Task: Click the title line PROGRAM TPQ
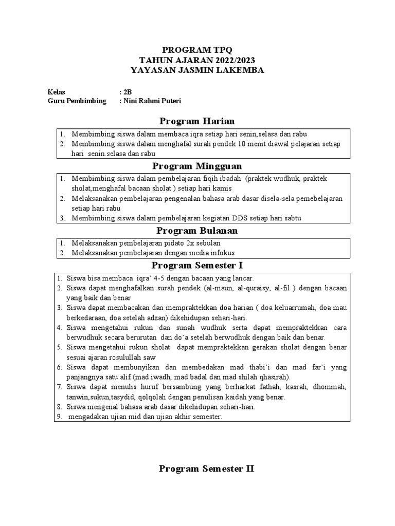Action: [197, 50]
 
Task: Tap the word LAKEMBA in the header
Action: [240, 70]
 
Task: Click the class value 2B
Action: [128, 91]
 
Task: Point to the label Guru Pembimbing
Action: [77, 101]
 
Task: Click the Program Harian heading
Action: [197, 121]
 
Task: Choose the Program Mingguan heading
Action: [197, 166]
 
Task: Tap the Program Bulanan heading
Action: [197, 231]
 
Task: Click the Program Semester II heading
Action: [206, 468]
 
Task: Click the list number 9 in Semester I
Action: [59, 417]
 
